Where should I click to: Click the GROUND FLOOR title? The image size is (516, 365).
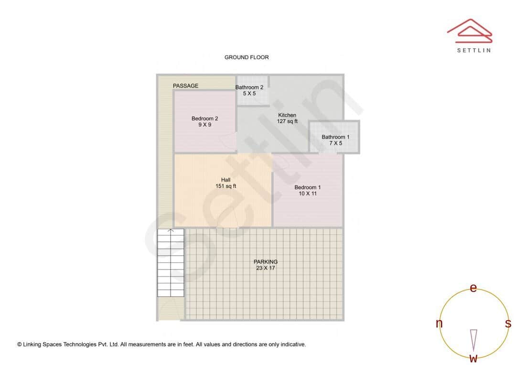247,57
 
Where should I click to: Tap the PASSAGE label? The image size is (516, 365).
185,86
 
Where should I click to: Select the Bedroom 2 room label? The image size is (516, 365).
204,118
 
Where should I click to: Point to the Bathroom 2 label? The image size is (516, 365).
249,87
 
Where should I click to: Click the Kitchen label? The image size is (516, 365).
287,115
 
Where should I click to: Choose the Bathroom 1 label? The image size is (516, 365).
336,137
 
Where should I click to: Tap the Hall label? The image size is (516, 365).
226,180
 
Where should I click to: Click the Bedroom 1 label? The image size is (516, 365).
307,187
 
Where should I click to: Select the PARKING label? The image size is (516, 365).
266,262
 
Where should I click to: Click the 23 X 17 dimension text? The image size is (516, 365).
266,268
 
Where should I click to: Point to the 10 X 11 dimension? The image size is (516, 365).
307,193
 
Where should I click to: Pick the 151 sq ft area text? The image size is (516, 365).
226,186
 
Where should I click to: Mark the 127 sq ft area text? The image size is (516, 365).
287,121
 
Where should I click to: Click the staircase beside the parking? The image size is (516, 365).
171,263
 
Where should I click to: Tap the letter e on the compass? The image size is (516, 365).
473,288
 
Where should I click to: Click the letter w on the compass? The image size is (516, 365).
473,358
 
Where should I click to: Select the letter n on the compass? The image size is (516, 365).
439,323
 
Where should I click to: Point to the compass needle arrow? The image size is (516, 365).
473,340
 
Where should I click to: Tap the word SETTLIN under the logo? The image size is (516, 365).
474,50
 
